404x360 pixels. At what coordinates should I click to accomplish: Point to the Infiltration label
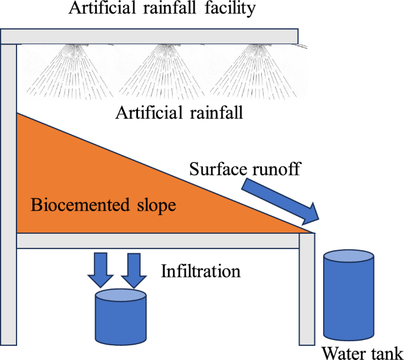click(x=201, y=271)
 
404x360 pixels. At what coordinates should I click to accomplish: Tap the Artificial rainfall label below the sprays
click(x=179, y=112)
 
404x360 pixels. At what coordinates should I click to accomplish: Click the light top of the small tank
click(x=121, y=296)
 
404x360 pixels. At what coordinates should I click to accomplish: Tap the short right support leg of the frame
click(x=307, y=295)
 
